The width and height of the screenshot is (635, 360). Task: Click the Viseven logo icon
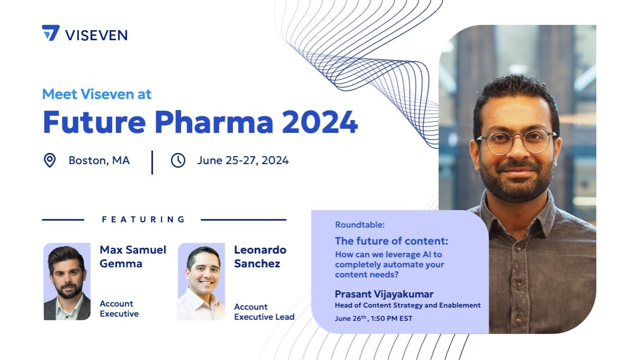(x=51, y=33)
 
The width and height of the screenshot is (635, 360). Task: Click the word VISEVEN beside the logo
(x=96, y=35)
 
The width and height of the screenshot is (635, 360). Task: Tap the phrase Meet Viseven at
(x=97, y=94)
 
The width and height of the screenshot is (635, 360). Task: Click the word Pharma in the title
(x=214, y=121)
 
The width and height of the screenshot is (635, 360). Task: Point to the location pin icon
(x=50, y=160)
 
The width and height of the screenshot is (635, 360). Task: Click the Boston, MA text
(x=99, y=160)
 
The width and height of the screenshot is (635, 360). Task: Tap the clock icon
(x=178, y=160)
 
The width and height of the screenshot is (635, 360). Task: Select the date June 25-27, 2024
(x=243, y=160)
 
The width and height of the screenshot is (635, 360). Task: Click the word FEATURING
(x=144, y=220)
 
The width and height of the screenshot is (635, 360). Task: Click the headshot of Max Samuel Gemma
(x=67, y=282)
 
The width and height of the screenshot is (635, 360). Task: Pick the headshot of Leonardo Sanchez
(x=201, y=282)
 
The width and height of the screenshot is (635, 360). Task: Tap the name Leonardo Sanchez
(x=260, y=257)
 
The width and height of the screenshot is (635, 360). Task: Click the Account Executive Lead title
(x=264, y=312)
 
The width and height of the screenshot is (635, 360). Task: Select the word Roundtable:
(x=360, y=225)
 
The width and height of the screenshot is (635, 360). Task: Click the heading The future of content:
(x=391, y=241)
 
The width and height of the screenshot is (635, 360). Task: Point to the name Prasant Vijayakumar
(x=384, y=294)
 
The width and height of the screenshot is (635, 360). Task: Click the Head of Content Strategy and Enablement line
(x=407, y=305)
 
